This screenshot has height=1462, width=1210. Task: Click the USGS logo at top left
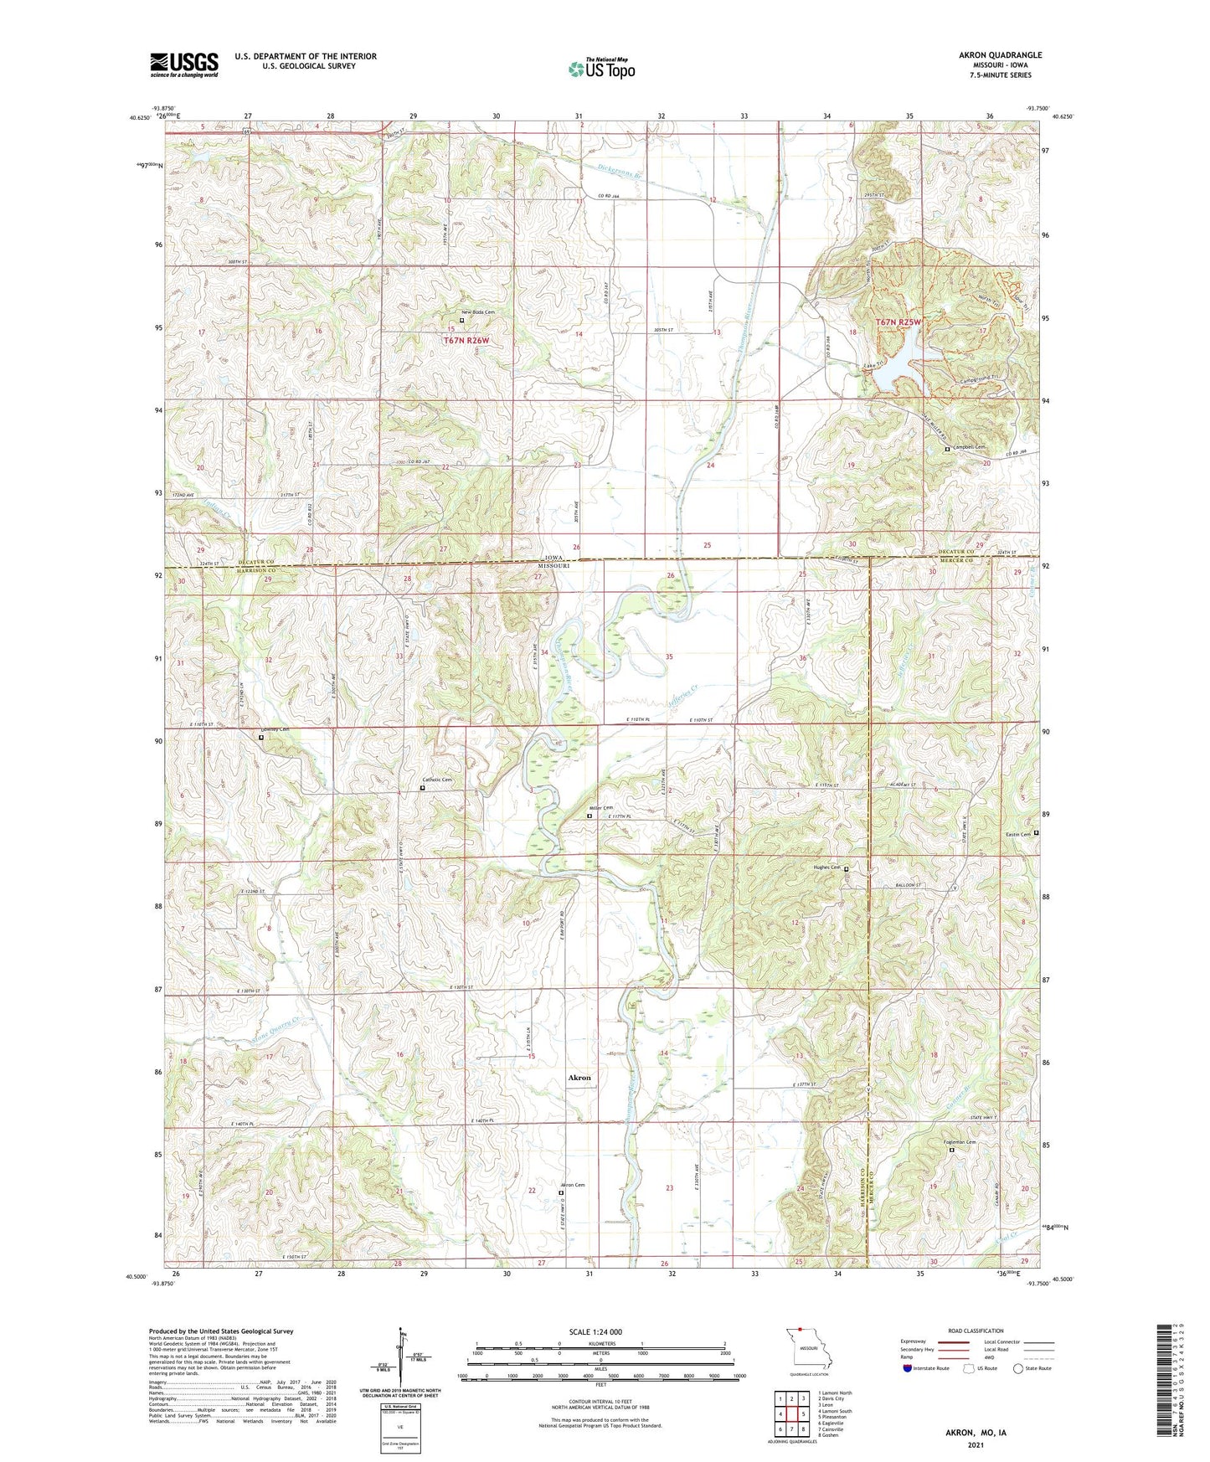click(x=184, y=64)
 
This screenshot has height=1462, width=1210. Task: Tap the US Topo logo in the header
click(x=601, y=69)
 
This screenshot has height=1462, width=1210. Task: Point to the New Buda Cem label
click(x=477, y=312)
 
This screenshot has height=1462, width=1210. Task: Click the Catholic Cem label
click(x=437, y=780)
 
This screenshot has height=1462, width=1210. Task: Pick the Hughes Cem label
click(x=825, y=868)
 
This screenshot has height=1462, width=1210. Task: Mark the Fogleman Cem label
click(x=960, y=1142)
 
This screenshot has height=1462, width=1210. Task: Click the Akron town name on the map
click(x=579, y=1078)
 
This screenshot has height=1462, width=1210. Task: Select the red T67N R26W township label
click(x=466, y=341)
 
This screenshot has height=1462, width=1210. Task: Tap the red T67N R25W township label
click(x=898, y=322)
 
